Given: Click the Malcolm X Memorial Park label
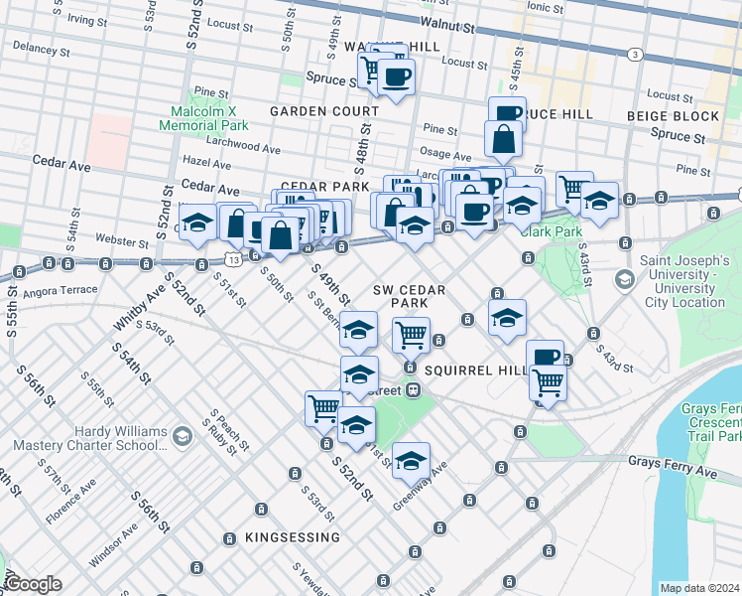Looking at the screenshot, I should tap(205, 116).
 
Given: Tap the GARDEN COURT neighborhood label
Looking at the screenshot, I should tap(323, 111).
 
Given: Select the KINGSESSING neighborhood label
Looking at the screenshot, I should tap(293, 537).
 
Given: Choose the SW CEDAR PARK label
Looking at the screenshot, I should tap(409, 295).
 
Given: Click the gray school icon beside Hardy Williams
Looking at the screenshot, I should tap(182, 435).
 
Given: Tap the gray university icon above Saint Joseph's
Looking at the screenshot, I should tap(623, 279).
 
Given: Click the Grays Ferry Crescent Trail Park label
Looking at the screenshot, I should tap(710, 422).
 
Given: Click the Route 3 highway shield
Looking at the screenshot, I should tap(633, 53).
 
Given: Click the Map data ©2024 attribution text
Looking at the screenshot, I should tap(698, 588).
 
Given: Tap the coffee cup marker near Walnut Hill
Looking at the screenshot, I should tap(396, 76).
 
